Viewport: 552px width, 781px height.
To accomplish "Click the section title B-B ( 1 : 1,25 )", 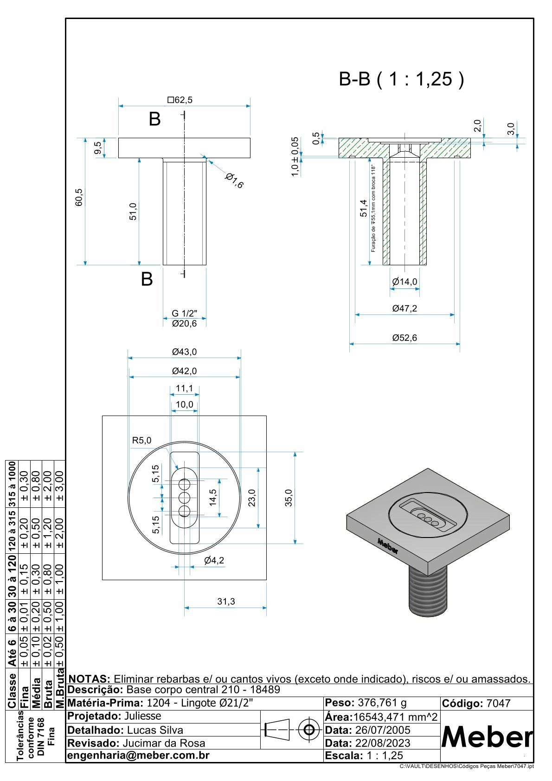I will (401, 79).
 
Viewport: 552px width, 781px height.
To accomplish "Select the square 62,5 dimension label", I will (180, 100).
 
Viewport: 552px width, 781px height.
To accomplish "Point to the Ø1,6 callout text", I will (234, 180).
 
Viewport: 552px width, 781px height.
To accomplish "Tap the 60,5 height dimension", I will (78, 197).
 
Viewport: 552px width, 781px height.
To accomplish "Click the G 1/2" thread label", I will (184, 314).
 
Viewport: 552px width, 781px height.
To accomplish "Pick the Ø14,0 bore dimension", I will (404, 282).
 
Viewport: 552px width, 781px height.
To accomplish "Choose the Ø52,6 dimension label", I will (404, 338).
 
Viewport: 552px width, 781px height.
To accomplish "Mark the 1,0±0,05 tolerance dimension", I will (295, 156).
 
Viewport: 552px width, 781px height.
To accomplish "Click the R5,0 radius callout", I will (141, 440).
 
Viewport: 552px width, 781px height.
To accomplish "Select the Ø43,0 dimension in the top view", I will (184, 352).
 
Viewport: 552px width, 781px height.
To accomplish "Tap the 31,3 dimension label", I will (226, 602).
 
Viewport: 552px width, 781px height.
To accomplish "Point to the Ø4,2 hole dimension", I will (214, 560).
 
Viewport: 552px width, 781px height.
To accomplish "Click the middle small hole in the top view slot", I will (184, 498).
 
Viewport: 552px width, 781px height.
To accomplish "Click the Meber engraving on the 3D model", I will (388, 546).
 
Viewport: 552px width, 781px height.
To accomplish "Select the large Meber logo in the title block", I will (487, 737).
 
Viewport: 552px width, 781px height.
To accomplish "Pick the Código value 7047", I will (498, 704).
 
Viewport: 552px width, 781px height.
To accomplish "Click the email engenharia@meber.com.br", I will (139, 755).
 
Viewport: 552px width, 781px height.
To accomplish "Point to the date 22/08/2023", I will (383, 743).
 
